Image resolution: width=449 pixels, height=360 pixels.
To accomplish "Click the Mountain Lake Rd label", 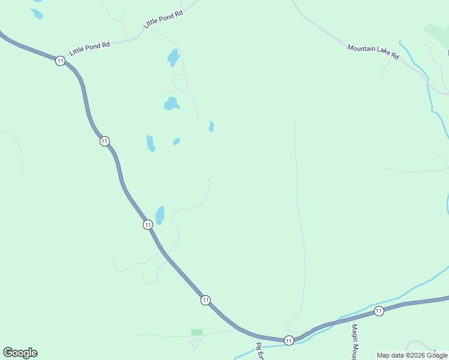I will pyautogui.click(x=373, y=51).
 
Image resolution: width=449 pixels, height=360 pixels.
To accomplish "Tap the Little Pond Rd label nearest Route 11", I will pyautogui.click(x=89, y=48).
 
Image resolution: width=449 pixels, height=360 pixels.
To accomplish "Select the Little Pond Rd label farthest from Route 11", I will pyautogui.click(x=163, y=19).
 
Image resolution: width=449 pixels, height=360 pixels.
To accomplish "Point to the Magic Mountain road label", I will pyautogui.click(x=355, y=343).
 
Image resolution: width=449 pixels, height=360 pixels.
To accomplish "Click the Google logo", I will pyautogui.click(x=20, y=353).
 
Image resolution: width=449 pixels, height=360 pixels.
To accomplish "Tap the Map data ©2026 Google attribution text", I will pyautogui.click(x=412, y=355).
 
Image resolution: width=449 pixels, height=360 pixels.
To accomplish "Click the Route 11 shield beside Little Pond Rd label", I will pyautogui.click(x=60, y=61).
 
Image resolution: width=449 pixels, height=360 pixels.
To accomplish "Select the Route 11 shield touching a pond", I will pyautogui.click(x=148, y=224).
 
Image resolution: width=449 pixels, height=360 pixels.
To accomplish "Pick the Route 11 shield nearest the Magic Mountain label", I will pyautogui.click(x=379, y=310).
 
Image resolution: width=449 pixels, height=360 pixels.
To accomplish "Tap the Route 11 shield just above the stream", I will pyautogui.click(x=289, y=340).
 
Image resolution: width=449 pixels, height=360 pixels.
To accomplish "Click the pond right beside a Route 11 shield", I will pyautogui.click(x=160, y=214).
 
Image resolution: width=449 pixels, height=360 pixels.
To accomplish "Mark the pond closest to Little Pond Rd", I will pyautogui.click(x=173, y=58).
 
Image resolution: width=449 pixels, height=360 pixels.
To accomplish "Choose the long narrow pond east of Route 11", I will pyautogui.click(x=150, y=143).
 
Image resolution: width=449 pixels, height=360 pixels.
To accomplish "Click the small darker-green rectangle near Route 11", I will pyautogui.click(x=197, y=332).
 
